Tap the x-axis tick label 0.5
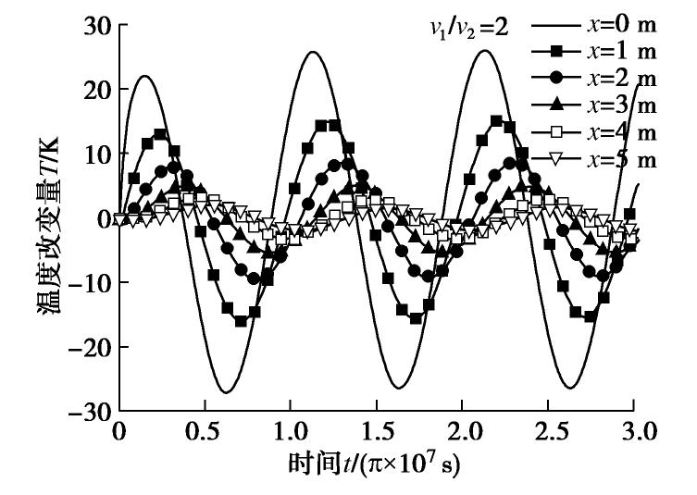click(x=205, y=433)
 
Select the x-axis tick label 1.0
click(x=290, y=433)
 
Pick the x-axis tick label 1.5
click(x=376, y=433)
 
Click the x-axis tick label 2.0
click(x=462, y=433)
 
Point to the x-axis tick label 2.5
click(x=548, y=433)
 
